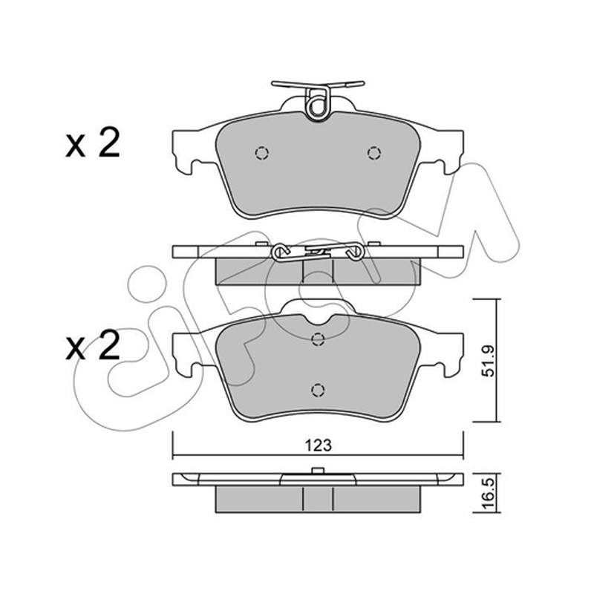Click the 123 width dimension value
click(x=319, y=446)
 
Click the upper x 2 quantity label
click(x=92, y=143)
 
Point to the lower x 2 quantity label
click(x=92, y=345)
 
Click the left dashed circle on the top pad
click(x=262, y=153)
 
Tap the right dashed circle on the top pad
click(x=374, y=153)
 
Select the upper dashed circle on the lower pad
click(x=318, y=339)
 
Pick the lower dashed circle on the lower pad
click(x=318, y=390)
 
